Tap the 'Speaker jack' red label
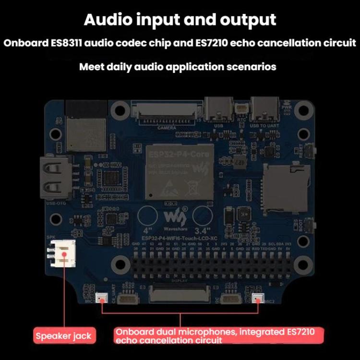click(x=63, y=336)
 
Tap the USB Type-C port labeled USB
click(x=218, y=108)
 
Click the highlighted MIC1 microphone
click(x=102, y=298)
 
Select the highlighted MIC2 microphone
click(x=257, y=299)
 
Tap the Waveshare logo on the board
click(x=172, y=215)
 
